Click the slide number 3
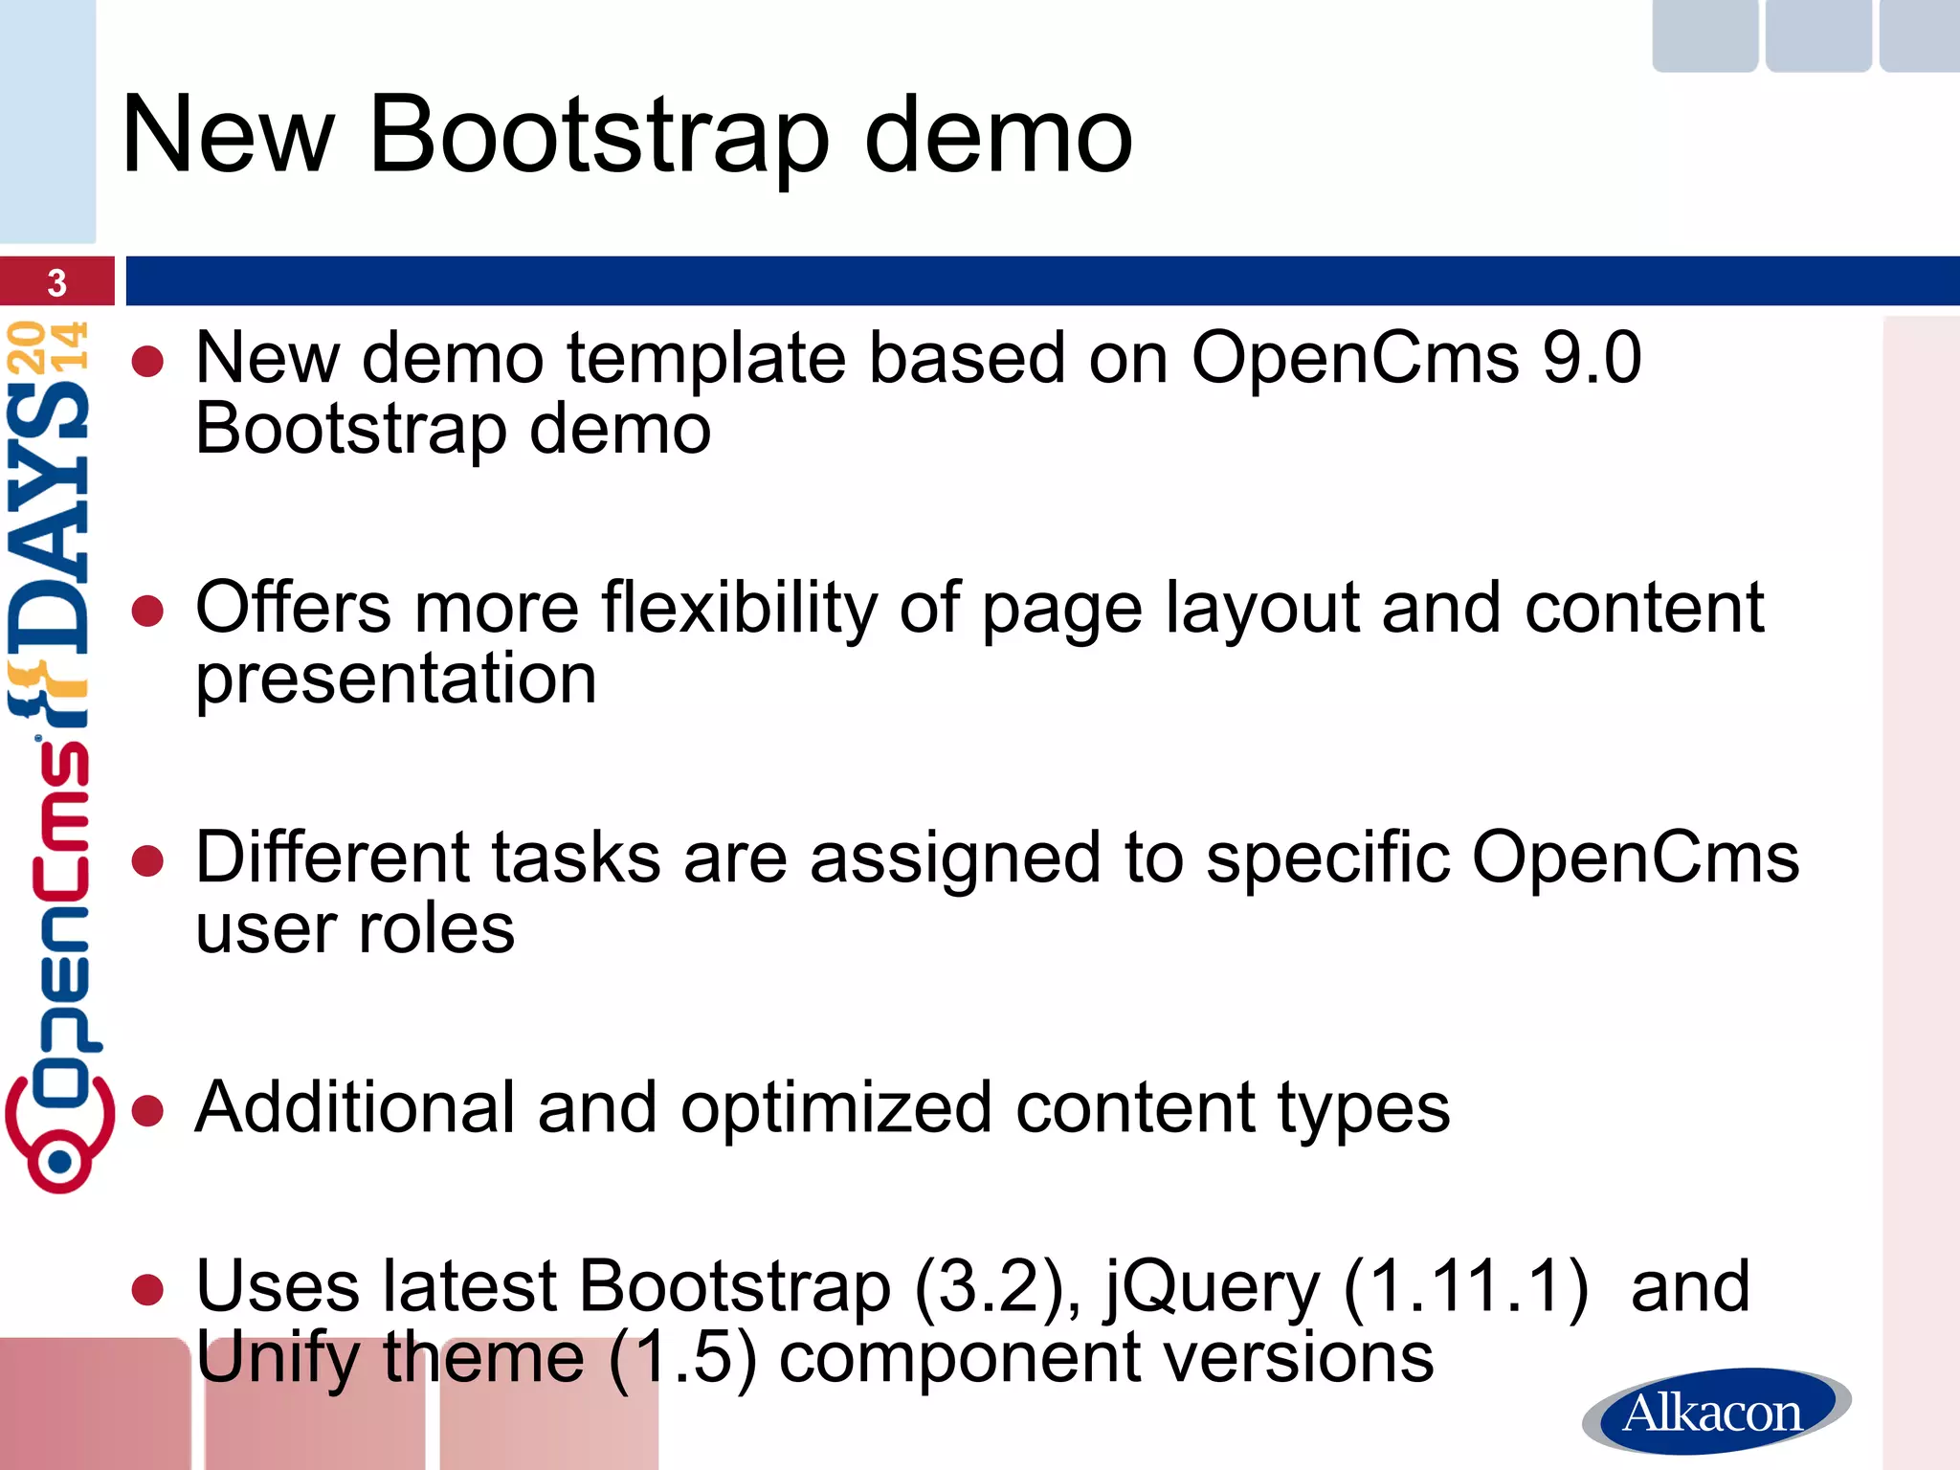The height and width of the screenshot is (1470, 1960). point(56,283)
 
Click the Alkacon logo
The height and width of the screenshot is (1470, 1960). point(1716,1412)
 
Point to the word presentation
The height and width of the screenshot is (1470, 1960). point(396,679)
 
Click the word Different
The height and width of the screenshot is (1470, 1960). point(332,857)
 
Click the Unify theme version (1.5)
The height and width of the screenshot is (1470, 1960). point(682,1359)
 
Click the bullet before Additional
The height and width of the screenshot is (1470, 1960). point(148,1111)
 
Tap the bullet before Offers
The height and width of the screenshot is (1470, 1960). point(148,612)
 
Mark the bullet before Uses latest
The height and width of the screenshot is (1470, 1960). point(148,1290)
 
